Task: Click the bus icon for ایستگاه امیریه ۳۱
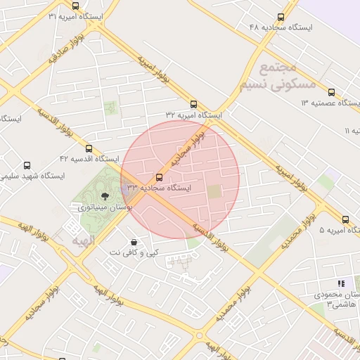point(76,6)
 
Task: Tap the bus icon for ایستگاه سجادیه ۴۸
point(281,18)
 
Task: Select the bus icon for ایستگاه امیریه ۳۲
point(194,105)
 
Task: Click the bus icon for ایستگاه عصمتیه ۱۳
point(331,92)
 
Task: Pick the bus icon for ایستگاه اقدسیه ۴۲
point(89,148)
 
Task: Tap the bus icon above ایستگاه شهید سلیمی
point(27,166)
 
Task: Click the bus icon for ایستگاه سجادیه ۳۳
point(159,178)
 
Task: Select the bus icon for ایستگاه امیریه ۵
point(346,219)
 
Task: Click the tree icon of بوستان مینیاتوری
point(105,196)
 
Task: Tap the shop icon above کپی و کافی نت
point(134,242)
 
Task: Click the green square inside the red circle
point(214,191)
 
